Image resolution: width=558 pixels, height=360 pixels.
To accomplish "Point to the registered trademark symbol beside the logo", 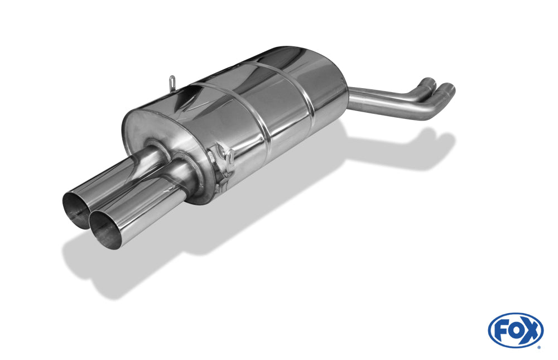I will pos(538,347).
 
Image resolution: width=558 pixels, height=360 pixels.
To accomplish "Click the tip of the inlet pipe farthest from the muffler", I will pos(448,88).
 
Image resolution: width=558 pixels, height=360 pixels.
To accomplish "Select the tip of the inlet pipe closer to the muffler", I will pos(429,82).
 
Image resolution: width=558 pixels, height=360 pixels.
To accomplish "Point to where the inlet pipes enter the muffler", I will pos(350,98).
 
